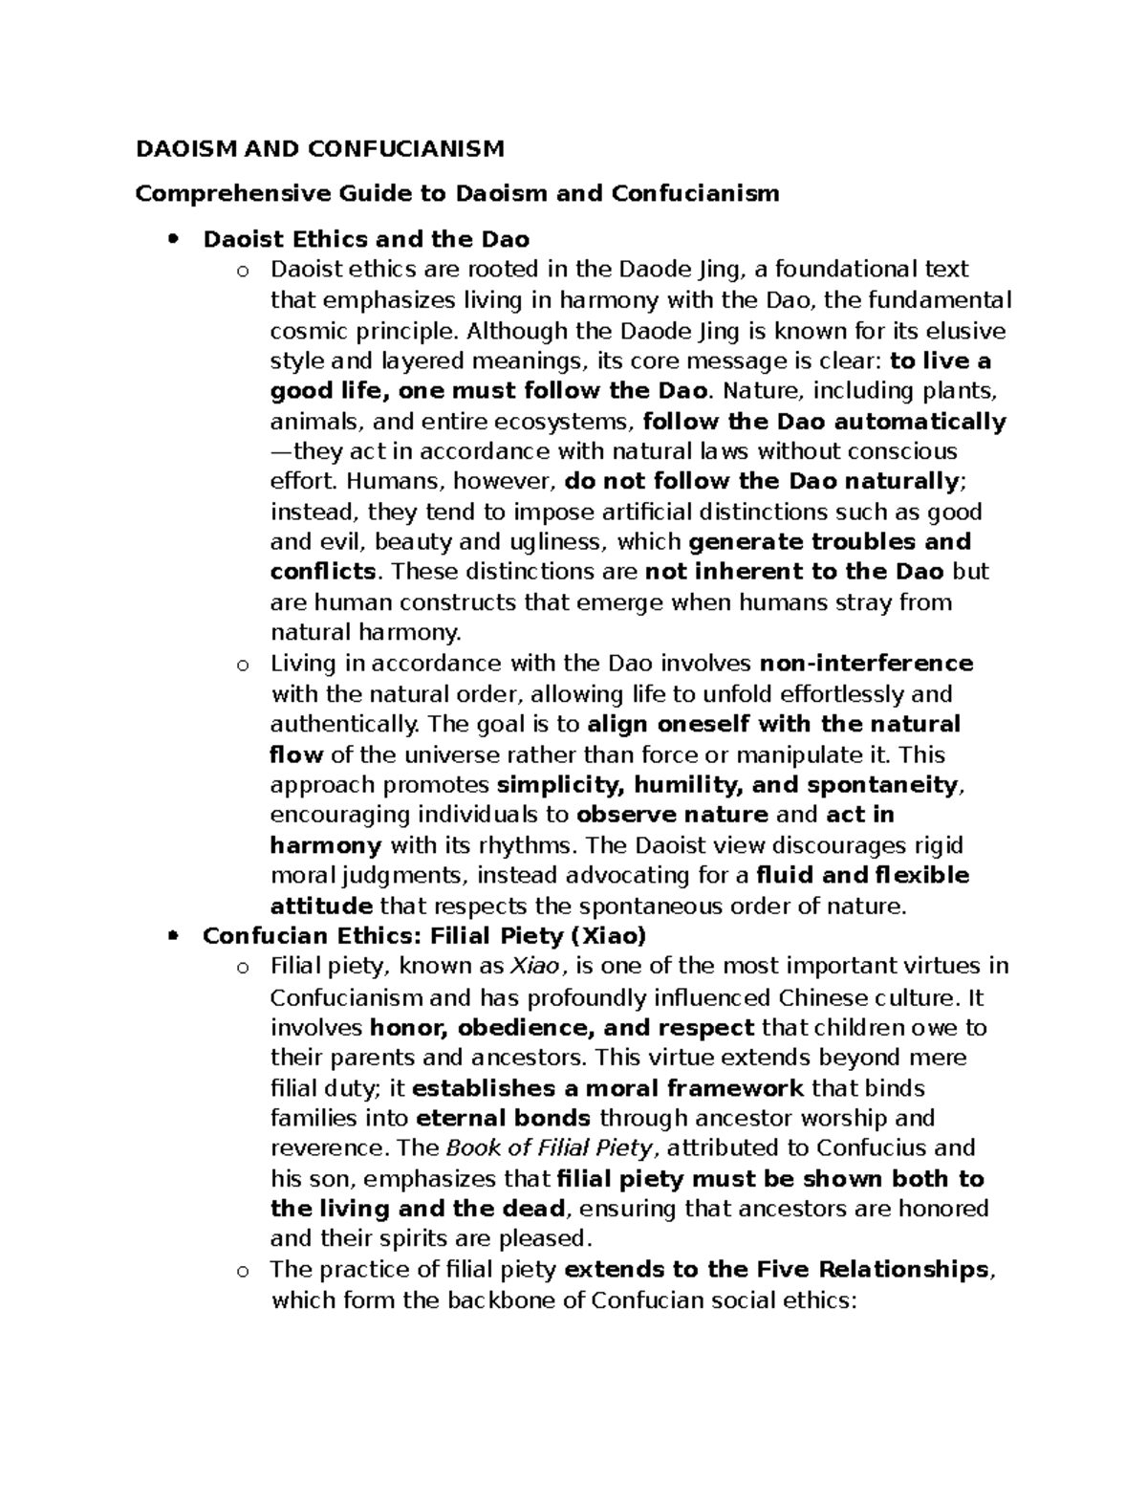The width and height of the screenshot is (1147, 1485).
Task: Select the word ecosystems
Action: pos(570,422)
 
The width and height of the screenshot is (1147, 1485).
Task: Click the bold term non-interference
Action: pos(866,664)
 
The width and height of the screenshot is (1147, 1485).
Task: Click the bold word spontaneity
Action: pos(881,785)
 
